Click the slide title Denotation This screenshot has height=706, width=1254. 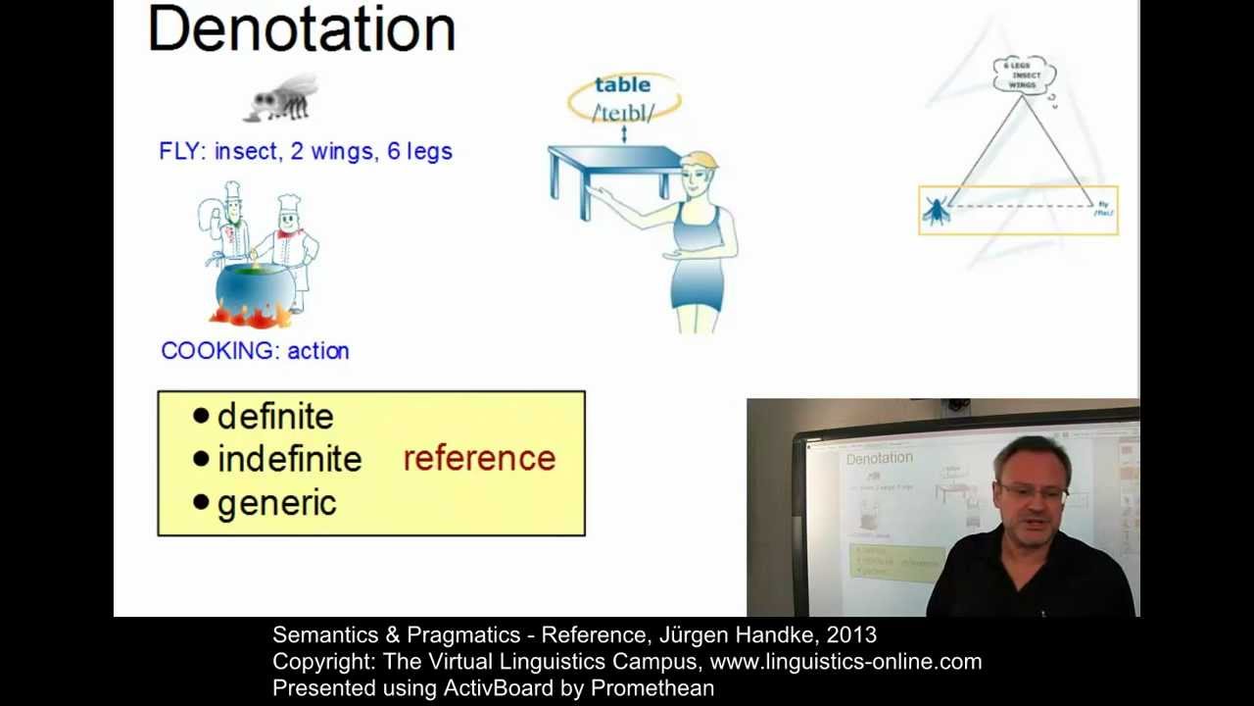click(x=301, y=29)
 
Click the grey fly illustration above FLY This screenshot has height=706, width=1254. click(x=283, y=99)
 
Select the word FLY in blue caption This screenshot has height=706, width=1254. click(x=180, y=151)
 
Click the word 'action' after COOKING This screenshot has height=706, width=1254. click(x=317, y=351)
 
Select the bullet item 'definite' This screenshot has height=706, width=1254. click(x=274, y=417)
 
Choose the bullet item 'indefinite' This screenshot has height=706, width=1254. click(x=289, y=459)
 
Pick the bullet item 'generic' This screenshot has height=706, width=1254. click(x=276, y=503)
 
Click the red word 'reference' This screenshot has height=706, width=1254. click(x=479, y=458)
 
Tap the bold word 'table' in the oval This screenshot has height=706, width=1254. click(x=622, y=85)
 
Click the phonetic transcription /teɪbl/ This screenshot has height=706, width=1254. click(x=623, y=113)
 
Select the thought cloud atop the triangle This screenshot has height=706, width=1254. click(x=1023, y=75)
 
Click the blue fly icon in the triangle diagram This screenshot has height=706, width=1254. click(x=936, y=210)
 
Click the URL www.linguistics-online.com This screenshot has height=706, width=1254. click(x=845, y=662)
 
